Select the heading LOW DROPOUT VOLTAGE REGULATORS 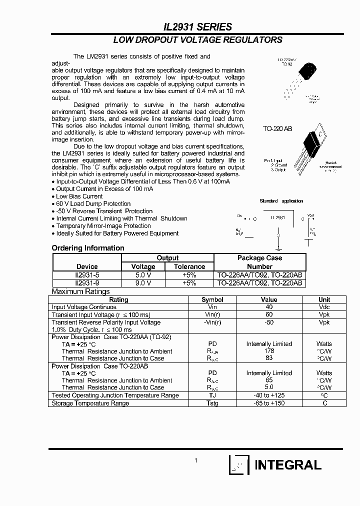[197, 40]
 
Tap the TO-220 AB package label [277, 129]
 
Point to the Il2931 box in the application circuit [277, 218]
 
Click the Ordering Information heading [88, 248]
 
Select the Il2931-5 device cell [87, 274]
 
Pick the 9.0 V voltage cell [143, 282]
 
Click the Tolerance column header [189, 266]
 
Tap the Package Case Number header [259, 262]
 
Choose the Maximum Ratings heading [80, 291]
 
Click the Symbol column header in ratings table [212, 299]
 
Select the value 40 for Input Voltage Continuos [269, 307]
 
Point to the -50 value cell [269, 322]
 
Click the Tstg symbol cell [212, 403]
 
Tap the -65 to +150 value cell [269, 403]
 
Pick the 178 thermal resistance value [269, 351]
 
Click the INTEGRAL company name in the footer [288, 465]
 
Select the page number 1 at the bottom [196, 460]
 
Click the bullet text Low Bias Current [79, 196]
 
